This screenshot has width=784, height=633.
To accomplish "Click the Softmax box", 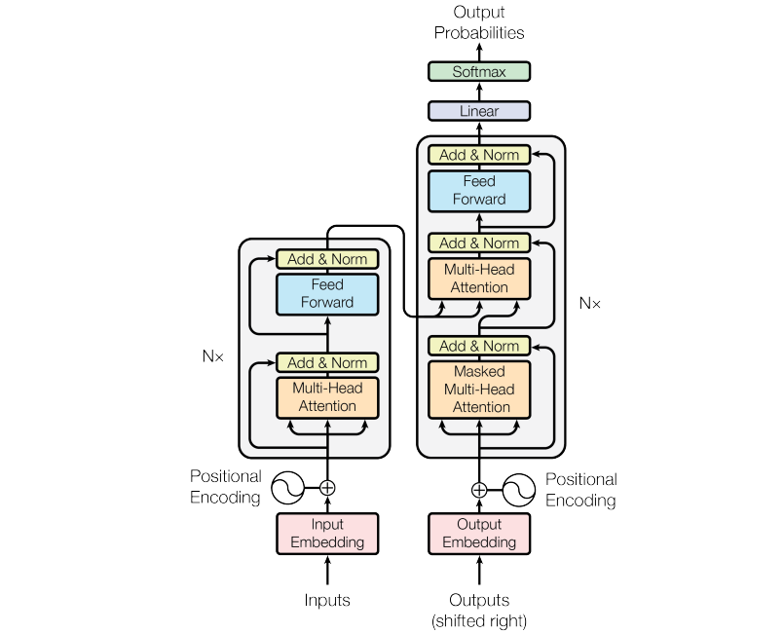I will pos(479,72).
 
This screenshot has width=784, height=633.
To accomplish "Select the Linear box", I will pos(479,111).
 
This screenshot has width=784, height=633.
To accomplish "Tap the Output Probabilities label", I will pos(479,22).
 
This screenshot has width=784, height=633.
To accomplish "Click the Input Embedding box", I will pos(327,534).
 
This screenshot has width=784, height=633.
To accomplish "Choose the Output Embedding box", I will pos(479,534).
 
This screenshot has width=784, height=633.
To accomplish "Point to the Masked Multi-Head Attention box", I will pos(479,390).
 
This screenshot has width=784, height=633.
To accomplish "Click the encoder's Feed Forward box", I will pos(327,294).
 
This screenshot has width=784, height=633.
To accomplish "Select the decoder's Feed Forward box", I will pos(479,191).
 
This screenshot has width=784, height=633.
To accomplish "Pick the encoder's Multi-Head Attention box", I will pos(327,397).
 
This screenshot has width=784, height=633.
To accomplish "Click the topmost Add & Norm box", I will pos(479,155).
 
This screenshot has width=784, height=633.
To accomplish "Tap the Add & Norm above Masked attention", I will pos(479,346).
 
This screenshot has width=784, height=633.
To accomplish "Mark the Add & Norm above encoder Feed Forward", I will pos(327,259).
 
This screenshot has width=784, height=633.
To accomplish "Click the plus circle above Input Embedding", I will pos(327,488).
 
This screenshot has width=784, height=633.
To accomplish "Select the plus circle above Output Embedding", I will pos(479,490).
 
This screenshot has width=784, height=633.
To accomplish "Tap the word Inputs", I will pos(327,600).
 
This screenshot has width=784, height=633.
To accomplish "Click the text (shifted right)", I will pos(479,619).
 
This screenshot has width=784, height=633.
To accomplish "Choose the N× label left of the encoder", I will pos(212,356).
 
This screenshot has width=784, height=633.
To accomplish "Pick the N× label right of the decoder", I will pos(590,304).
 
